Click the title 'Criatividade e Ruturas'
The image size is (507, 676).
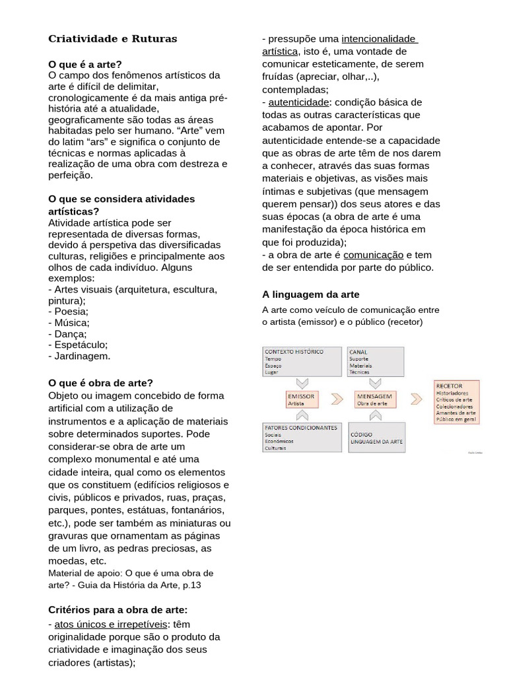tap(113, 39)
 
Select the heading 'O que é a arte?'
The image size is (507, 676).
tap(85, 64)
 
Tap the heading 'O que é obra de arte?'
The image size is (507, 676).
tap(101, 383)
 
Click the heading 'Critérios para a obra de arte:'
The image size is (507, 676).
tap(118, 609)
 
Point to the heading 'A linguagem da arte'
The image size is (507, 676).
tap(310, 294)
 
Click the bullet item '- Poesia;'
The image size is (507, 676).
tap(69, 311)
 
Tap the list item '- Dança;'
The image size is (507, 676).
tap(68, 333)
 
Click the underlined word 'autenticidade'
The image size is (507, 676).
tap(298, 102)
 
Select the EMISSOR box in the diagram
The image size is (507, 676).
tap(302, 399)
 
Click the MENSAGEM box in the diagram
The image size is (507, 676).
tap(375, 399)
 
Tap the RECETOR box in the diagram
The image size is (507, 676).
tap(456, 401)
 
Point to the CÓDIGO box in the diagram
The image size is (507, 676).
tap(376, 436)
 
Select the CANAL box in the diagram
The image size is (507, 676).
tap(376, 362)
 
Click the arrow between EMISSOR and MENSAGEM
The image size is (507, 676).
tap(337, 399)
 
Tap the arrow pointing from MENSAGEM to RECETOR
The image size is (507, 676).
tap(416, 399)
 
